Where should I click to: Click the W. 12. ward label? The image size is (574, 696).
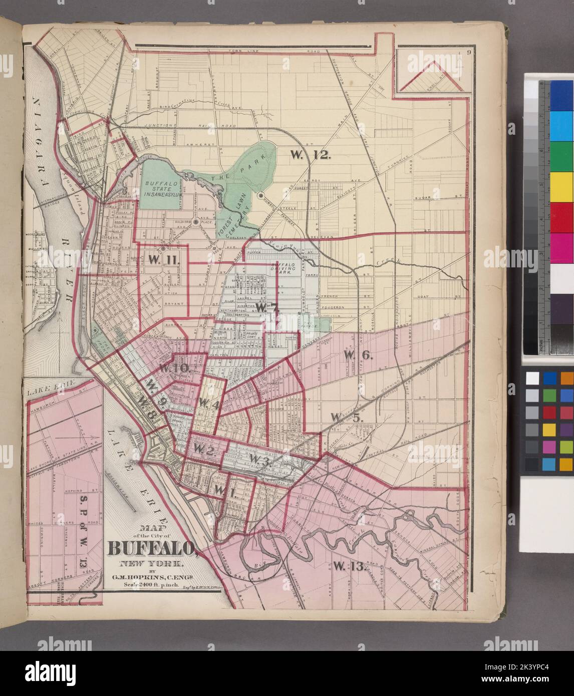tap(311, 155)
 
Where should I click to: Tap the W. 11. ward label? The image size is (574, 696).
tap(163, 259)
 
